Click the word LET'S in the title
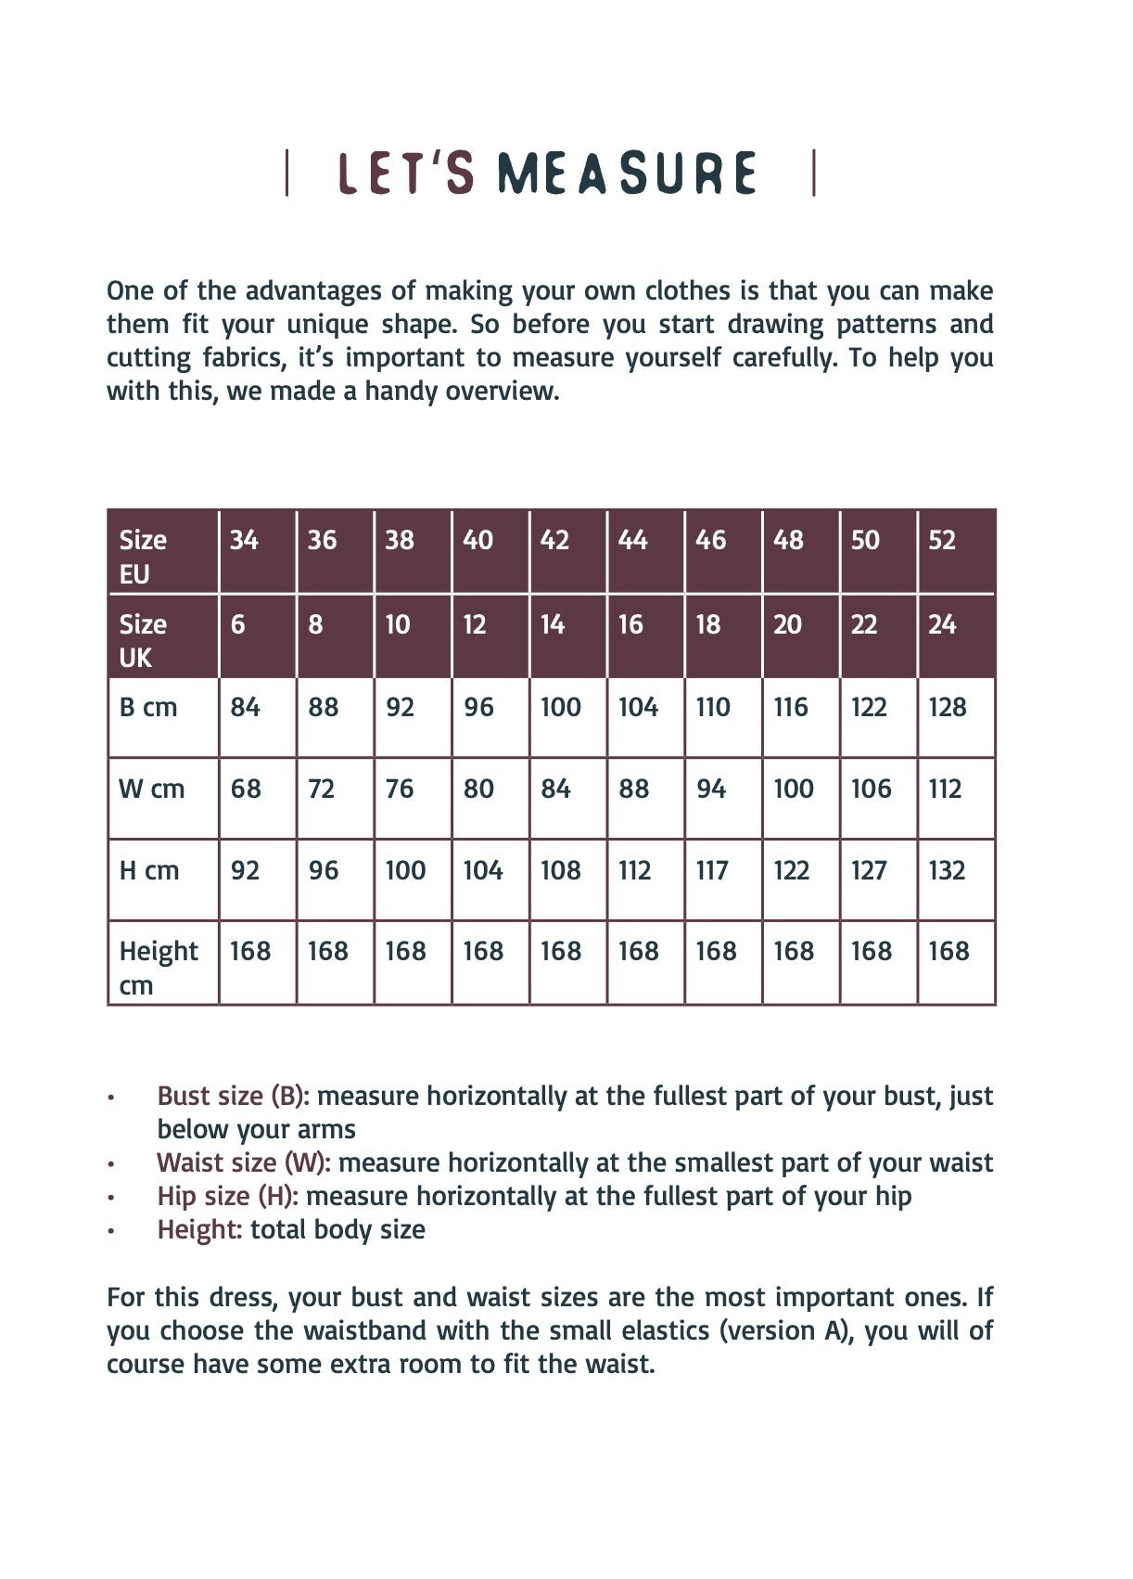click(406, 173)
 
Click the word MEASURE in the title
click(627, 173)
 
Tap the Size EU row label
click(143, 557)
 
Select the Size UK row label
click(143, 640)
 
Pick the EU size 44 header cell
click(632, 540)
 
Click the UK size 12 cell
click(475, 624)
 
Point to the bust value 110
click(713, 707)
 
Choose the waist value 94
click(711, 789)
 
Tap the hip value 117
click(712, 870)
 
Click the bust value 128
click(948, 707)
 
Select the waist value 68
click(246, 789)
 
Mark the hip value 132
click(947, 870)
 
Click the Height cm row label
click(158, 968)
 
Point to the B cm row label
click(148, 707)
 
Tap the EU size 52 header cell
click(942, 540)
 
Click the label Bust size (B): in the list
click(233, 1096)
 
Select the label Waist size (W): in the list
click(244, 1162)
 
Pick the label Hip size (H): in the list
click(227, 1196)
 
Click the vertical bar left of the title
click(286, 173)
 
